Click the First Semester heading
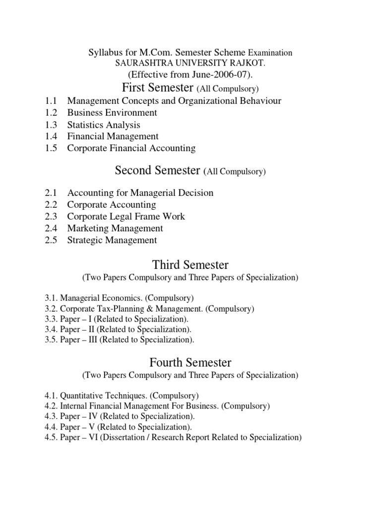(x=157, y=88)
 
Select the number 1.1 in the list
(x=51, y=101)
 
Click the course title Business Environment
(x=112, y=113)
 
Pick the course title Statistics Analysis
(x=104, y=125)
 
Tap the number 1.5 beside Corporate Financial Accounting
(x=51, y=148)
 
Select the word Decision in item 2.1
(x=194, y=193)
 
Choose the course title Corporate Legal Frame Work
(x=126, y=217)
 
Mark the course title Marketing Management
(x=115, y=229)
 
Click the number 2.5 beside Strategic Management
(x=51, y=241)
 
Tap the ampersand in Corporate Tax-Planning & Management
(x=163, y=309)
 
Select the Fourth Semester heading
(x=191, y=362)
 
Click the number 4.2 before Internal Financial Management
(x=51, y=407)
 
